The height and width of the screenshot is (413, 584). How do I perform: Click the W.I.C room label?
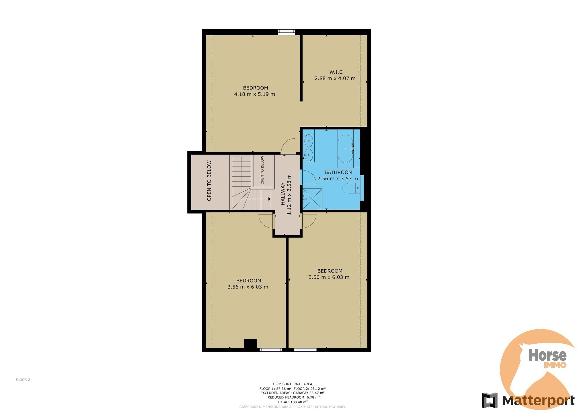pyautogui.click(x=336, y=72)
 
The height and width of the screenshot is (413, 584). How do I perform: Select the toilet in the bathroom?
pyautogui.click(x=351, y=188)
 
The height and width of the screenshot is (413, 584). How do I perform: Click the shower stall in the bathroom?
pyautogui.click(x=312, y=199)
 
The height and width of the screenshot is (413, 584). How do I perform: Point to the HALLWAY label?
pyautogui.click(x=283, y=194)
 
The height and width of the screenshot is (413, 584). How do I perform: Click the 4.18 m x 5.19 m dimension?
pyautogui.click(x=254, y=94)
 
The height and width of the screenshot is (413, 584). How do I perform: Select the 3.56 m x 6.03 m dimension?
pyautogui.click(x=248, y=287)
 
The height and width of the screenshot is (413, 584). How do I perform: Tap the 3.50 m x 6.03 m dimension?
pyautogui.click(x=329, y=277)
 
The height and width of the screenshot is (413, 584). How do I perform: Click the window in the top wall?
pyautogui.click(x=286, y=32)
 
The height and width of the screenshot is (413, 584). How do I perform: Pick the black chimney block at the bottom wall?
pyautogui.click(x=250, y=344)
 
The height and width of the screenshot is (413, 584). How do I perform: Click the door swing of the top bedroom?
pyautogui.click(x=288, y=146)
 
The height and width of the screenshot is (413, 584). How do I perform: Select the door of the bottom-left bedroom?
pyautogui.click(x=266, y=221)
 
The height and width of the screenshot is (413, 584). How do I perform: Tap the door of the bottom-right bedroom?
pyautogui.click(x=308, y=221)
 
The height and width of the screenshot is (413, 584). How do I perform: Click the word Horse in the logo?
pyautogui.click(x=548, y=355)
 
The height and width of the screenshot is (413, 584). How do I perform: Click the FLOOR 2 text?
pyautogui.click(x=23, y=380)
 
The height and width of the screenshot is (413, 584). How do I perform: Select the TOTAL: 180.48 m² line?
pyautogui.click(x=292, y=402)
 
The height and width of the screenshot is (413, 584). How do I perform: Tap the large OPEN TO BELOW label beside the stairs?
pyautogui.click(x=209, y=180)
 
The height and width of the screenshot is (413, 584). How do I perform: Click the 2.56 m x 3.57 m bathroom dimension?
pyautogui.click(x=338, y=179)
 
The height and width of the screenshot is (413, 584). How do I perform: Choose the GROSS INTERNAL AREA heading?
pyautogui.click(x=292, y=384)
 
